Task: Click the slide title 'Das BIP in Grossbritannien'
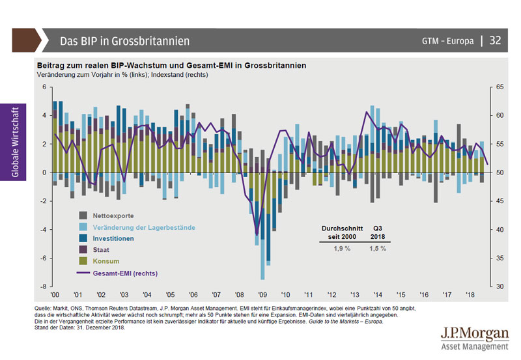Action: pos(124,41)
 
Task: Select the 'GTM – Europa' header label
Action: pos(447,41)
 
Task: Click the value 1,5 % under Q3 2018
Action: pos(378,249)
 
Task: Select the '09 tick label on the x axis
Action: pos(262,294)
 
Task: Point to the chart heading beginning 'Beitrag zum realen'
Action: pos(171,66)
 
